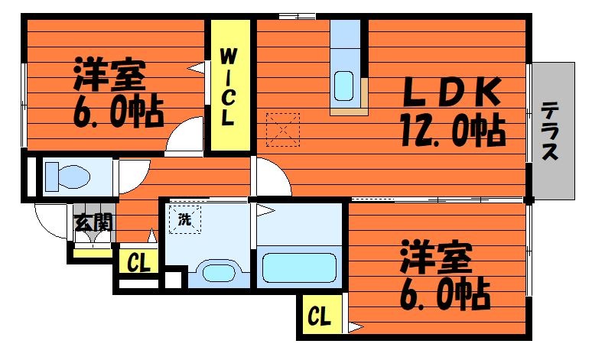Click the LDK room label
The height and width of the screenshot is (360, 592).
tap(452, 92)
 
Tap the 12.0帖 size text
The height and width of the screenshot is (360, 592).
tap(453, 131)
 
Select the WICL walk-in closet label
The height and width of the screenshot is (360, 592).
tap(228, 87)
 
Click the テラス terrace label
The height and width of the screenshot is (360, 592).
tap(550, 131)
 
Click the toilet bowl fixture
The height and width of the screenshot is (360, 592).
tap(67, 177)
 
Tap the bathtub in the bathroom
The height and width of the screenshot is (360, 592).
tap(299, 268)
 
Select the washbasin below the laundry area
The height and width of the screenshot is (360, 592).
tap(219, 272)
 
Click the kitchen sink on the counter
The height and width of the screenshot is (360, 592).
tap(344, 86)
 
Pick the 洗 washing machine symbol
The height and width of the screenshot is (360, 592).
tap(184, 219)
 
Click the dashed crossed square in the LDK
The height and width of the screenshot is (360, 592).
tap(283, 130)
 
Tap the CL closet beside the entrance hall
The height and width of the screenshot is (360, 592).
tap(138, 262)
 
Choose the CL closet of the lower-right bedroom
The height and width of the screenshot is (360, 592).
tap(320, 316)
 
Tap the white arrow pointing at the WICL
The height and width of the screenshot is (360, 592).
tap(197, 68)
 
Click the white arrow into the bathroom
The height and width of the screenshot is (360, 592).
tap(266, 210)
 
